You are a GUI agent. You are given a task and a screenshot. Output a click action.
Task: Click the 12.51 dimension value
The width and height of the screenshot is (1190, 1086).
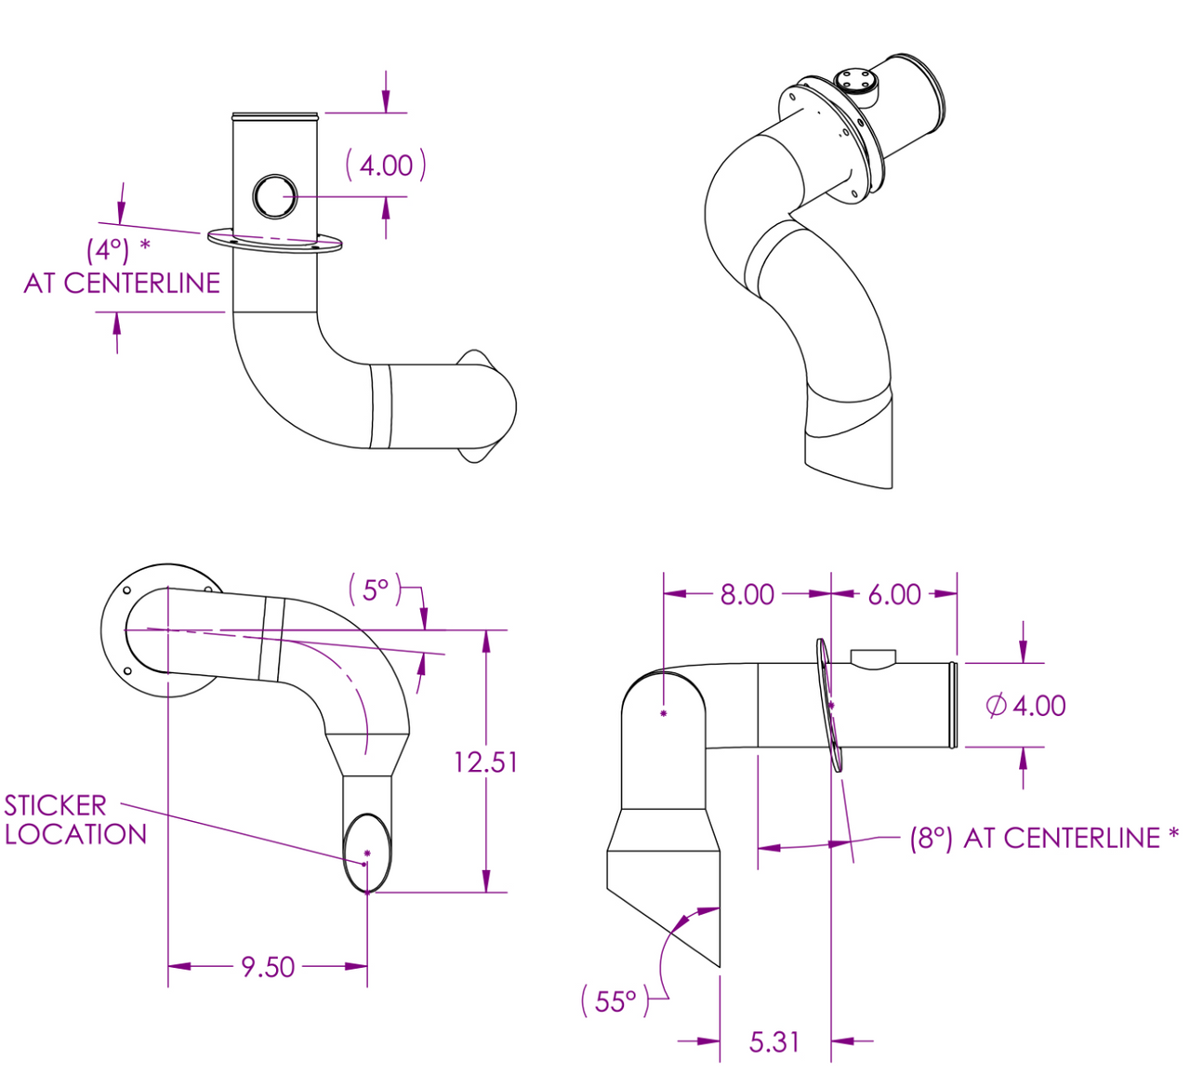point(485,762)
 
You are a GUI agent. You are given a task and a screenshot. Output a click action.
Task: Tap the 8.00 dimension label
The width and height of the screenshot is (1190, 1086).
point(747,595)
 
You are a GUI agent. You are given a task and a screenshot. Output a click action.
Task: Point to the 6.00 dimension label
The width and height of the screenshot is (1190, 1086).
point(894,595)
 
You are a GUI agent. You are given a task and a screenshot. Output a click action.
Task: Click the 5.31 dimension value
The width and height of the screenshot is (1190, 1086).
point(773,1042)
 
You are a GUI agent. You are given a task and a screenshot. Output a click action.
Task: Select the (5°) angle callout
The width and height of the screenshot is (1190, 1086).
point(375,589)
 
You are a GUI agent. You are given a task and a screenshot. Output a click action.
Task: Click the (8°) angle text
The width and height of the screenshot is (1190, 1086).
point(931,839)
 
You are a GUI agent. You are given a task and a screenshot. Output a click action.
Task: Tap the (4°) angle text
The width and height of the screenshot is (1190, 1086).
point(108,250)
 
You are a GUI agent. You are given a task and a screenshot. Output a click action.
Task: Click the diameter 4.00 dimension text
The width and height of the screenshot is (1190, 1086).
point(1025,706)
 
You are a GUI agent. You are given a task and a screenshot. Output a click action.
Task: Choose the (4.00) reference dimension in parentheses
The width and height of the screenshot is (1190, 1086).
point(386,165)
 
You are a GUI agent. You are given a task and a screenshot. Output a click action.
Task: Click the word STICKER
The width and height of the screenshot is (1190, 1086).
point(55,806)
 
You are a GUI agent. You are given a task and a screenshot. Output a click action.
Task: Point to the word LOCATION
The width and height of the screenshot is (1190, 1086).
point(75,835)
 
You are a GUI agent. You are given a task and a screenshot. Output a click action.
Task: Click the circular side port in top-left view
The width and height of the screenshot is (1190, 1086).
point(274,196)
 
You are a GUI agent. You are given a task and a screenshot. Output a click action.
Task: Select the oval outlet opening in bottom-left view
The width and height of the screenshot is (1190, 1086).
point(367,853)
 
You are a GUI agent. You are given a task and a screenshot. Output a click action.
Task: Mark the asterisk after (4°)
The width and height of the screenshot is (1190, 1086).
point(144,244)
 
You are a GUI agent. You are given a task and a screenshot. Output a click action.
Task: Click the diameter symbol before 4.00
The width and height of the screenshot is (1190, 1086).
point(997,706)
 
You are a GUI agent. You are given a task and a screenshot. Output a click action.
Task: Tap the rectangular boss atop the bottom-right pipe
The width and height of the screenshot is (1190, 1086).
point(873,658)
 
